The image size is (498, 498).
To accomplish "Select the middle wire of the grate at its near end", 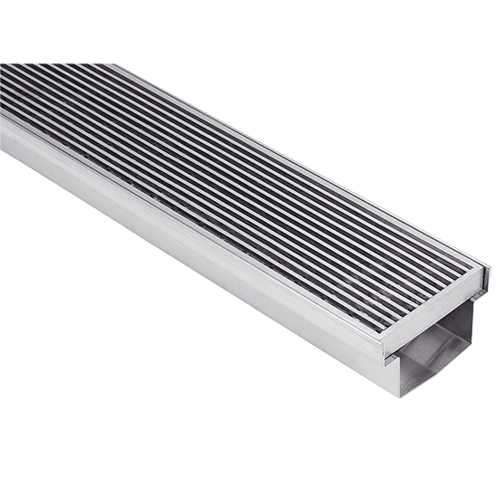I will pos(431,299).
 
